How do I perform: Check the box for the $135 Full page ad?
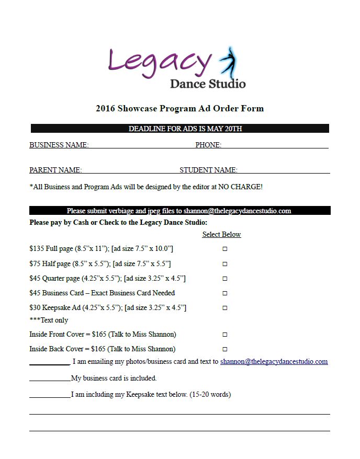pos(225,249)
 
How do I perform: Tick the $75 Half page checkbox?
pos(225,264)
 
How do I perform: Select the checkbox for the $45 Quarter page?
pos(225,279)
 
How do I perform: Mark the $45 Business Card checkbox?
pos(225,293)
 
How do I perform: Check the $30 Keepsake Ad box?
pos(225,308)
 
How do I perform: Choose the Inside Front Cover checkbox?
pos(225,334)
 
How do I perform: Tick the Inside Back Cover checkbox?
pos(225,349)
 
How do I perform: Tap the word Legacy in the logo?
pos(160,62)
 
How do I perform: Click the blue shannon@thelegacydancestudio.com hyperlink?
pos(274,361)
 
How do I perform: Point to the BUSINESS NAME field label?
pos(59,145)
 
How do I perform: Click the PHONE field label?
pos(208,145)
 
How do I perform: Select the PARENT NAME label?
pos(55,170)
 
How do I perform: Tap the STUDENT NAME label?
pos(208,170)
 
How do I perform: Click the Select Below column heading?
pos(221,235)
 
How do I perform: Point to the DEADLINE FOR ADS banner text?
pos(185,129)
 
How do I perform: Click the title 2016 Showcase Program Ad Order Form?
pos(179,109)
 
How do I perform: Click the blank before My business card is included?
pos(50,377)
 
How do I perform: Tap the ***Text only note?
pos(49,320)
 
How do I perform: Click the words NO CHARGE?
pos(240,187)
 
